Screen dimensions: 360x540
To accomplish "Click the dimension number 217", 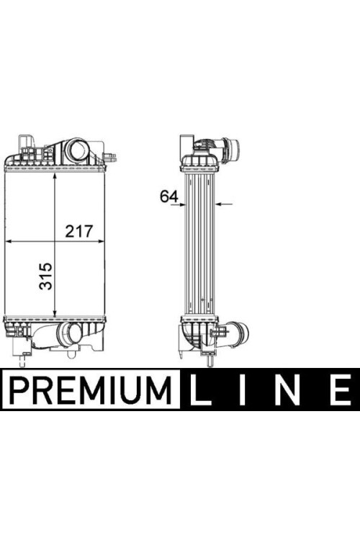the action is pos(79,231).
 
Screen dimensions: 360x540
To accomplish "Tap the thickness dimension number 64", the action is pos(169,197).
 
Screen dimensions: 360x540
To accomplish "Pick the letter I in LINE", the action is pos(243,390).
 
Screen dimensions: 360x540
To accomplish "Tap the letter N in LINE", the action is pos(287,390).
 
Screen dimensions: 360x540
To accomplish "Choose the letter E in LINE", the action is pos(340,390).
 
